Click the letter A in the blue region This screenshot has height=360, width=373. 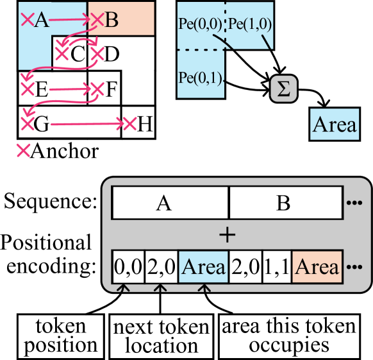[42, 21]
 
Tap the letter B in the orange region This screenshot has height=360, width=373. [111, 21]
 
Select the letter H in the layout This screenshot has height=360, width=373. [145, 124]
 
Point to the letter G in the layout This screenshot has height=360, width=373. [41, 124]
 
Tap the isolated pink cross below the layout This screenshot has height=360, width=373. [23, 151]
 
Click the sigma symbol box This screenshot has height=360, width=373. [284, 89]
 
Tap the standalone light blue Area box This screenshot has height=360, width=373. [334, 124]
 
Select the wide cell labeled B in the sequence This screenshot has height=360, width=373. [284, 203]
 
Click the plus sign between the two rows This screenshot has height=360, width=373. [227, 235]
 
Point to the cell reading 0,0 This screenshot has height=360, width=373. [128, 266]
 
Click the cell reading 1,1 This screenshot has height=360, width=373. [276, 266]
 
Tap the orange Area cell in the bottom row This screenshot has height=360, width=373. [317, 266]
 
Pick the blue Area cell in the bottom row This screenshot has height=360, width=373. [203, 266]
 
